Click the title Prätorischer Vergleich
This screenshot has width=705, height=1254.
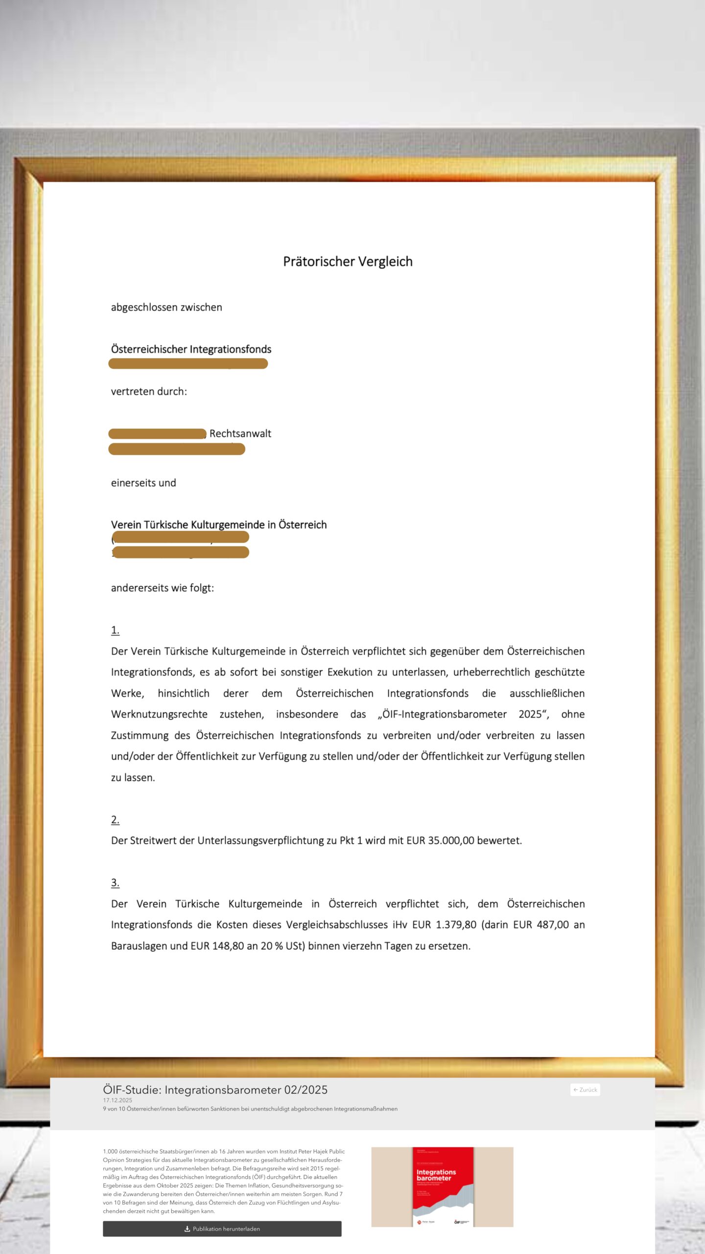click(348, 262)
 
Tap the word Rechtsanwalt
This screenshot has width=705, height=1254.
click(240, 434)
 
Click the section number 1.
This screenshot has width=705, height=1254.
click(115, 630)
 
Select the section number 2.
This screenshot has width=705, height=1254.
click(115, 820)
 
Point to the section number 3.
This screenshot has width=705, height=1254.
click(115, 883)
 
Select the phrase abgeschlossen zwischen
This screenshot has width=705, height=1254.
click(166, 307)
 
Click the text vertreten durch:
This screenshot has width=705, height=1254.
click(149, 391)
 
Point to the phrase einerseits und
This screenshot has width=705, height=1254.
click(143, 483)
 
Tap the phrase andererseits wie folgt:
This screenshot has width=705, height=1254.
click(163, 588)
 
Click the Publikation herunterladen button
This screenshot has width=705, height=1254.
click(222, 1229)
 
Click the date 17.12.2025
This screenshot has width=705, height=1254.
click(117, 1100)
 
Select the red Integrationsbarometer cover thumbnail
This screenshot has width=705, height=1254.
click(443, 1186)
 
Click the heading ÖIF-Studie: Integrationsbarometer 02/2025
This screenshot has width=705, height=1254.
click(215, 1090)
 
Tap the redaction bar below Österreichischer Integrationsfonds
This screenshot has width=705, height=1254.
click(188, 363)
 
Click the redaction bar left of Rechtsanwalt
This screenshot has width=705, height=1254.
click(157, 434)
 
